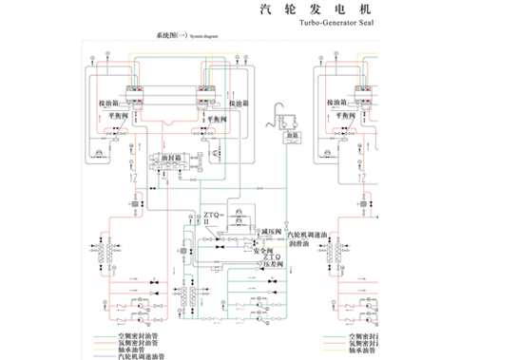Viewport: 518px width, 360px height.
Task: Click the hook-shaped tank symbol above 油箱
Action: (282, 115)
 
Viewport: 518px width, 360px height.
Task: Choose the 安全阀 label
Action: (261, 249)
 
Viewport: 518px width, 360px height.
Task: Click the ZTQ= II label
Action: (212, 222)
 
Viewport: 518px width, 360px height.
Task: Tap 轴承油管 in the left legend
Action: (122, 349)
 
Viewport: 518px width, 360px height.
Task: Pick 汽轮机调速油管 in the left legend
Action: (127, 355)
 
